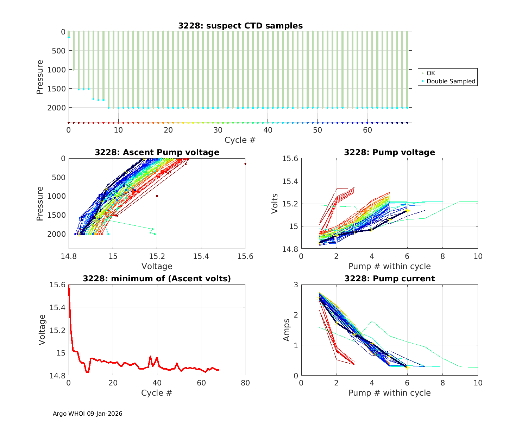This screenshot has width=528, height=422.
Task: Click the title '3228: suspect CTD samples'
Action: [x=240, y=26]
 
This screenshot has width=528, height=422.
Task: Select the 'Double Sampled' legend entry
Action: [x=451, y=81]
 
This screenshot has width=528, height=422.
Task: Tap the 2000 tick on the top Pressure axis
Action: [x=56, y=108]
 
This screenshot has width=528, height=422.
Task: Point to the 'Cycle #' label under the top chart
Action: [x=240, y=140]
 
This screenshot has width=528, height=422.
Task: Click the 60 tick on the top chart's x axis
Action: [x=367, y=130]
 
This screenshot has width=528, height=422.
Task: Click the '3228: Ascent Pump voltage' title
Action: [x=157, y=152]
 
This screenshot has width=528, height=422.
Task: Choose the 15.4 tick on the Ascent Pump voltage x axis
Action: [x=201, y=256]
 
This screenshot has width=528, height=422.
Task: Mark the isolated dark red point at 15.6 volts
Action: [x=245, y=164]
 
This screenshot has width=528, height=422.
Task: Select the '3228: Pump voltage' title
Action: [x=389, y=152]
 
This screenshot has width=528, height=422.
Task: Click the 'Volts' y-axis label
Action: [x=275, y=204]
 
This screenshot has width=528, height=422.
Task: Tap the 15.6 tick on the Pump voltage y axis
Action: [x=290, y=159]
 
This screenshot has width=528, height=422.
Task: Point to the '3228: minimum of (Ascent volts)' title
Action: [x=157, y=279]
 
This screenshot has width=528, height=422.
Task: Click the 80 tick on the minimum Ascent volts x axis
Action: [x=245, y=383]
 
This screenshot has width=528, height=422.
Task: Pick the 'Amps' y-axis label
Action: [x=287, y=330]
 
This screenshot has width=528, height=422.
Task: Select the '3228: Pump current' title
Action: [x=389, y=279]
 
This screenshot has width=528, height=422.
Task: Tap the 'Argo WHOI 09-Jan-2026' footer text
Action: [x=88, y=414]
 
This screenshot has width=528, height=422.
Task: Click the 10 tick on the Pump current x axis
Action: [x=478, y=383]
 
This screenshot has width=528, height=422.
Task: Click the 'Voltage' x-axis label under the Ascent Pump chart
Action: [x=157, y=266]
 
